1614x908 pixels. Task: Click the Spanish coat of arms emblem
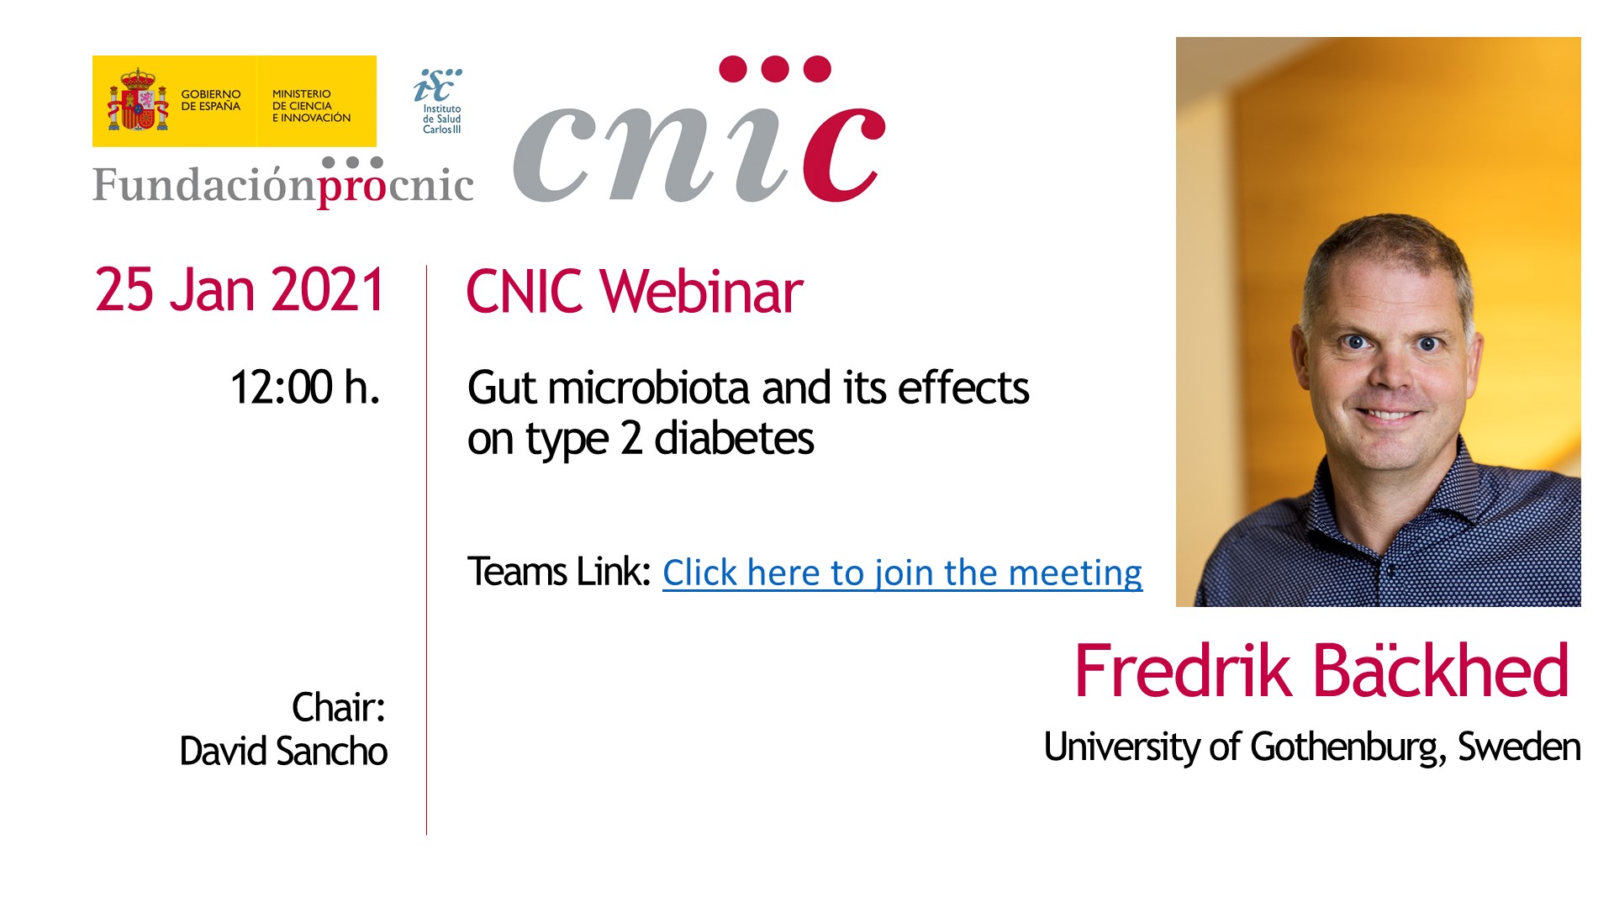(138, 100)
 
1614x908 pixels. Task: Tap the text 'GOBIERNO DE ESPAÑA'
(211, 100)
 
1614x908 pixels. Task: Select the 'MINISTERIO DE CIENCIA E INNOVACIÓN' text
(311, 106)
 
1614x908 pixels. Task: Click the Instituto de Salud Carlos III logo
(440, 101)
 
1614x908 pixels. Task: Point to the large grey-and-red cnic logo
(699, 130)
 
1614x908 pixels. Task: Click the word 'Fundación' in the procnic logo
(204, 184)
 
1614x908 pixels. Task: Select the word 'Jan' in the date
(213, 290)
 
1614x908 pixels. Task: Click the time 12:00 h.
(305, 388)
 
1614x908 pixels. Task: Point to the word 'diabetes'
(734, 439)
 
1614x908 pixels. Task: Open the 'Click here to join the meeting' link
(903, 573)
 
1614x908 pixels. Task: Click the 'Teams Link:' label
(559, 572)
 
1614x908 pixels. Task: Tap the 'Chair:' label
(339, 707)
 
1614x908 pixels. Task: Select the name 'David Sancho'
(284, 751)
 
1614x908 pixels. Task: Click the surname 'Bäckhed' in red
(1441, 671)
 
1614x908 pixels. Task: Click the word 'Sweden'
(1519, 747)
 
